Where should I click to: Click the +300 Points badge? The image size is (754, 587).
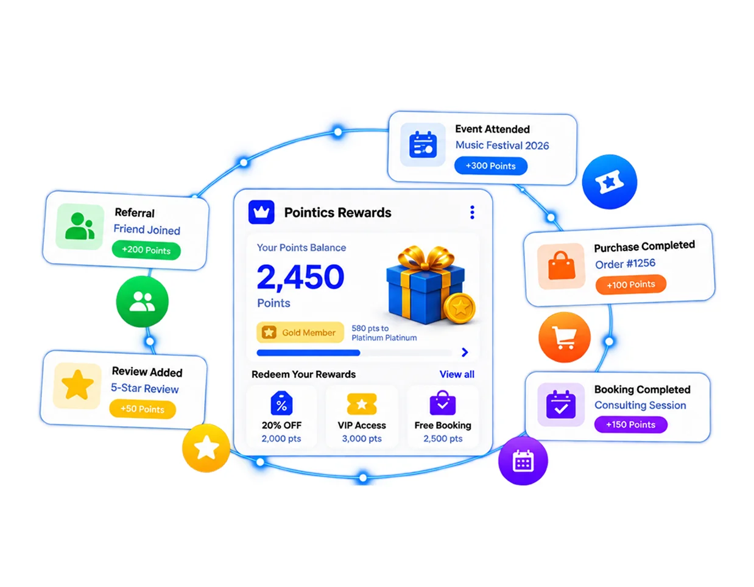tap(490, 166)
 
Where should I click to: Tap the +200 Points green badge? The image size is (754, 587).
tap(146, 250)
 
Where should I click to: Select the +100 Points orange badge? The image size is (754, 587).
tap(630, 284)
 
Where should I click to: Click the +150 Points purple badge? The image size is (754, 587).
tap(630, 424)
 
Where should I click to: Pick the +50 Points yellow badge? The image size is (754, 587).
tap(143, 409)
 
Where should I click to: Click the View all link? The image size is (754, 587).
tap(457, 374)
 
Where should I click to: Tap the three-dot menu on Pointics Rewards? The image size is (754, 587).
tap(472, 213)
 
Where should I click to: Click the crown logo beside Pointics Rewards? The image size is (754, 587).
tap(261, 212)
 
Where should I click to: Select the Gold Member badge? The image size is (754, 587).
tap(300, 332)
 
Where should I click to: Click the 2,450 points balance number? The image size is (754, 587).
tap(300, 277)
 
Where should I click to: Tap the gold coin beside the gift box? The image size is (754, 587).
tap(460, 308)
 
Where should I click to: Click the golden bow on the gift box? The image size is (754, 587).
tap(426, 258)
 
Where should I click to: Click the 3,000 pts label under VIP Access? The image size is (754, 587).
tap(362, 438)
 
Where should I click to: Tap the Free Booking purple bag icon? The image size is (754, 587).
tap(442, 402)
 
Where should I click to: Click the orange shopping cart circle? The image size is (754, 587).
tap(564, 337)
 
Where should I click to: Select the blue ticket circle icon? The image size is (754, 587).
tap(609, 182)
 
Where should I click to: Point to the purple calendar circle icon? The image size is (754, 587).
tap(523, 461)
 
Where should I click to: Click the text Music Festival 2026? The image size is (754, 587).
tap(502, 146)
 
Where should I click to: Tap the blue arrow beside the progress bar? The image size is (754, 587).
tap(465, 353)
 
